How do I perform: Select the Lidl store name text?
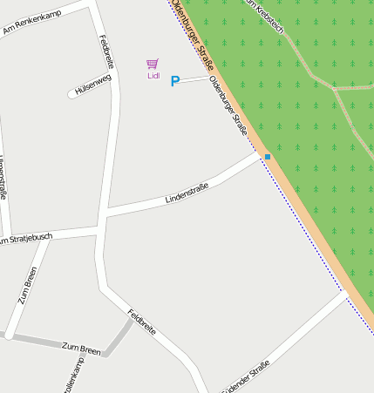point(153,76)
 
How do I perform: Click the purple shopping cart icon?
point(153,64)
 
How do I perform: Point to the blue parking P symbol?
point(174,81)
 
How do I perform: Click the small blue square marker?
point(268,157)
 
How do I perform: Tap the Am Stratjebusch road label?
point(26,238)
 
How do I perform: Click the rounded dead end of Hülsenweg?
point(71,94)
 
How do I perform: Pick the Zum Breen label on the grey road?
point(81,348)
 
